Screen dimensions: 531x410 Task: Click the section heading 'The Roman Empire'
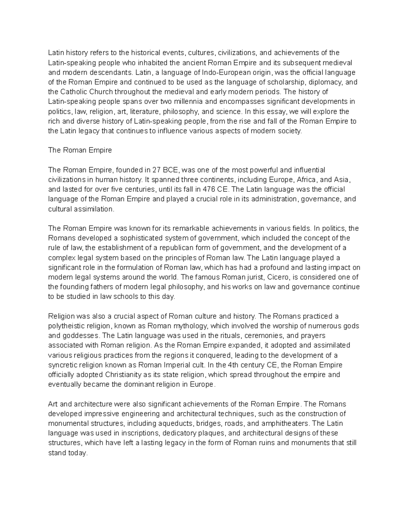(x=80, y=150)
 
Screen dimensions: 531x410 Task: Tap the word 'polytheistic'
(x=66, y=326)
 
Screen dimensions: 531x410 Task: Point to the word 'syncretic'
(x=62, y=365)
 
